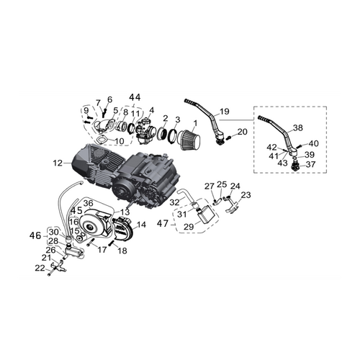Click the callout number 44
click(135, 96)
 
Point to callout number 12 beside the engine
click(58, 163)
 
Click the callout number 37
click(311, 164)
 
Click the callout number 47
click(163, 223)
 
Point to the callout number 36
click(88, 203)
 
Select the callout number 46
click(35, 235)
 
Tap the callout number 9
click(86, 109)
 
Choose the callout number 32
click(174, 203)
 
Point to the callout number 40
click(314, 143)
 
